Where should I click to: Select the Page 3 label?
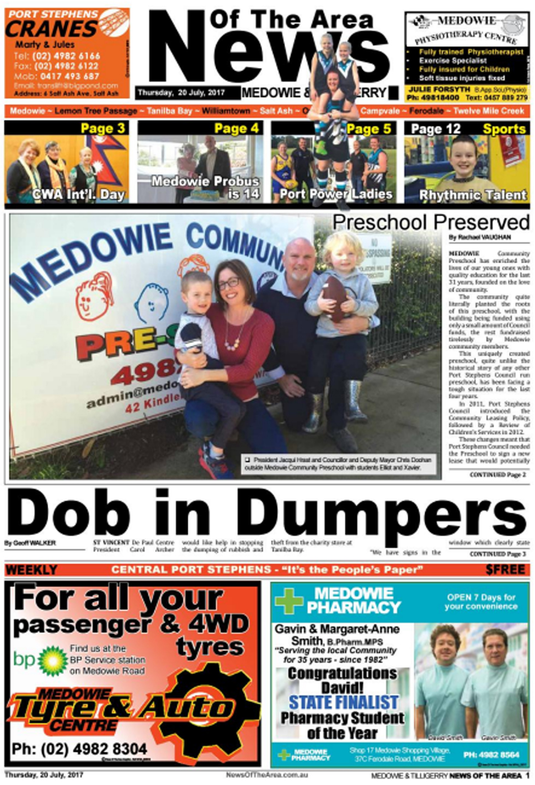[x=103, y=129]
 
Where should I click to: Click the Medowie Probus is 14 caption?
[x=205, y=187]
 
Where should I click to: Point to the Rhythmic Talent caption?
[x=473, y=195]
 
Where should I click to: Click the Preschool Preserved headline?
[x=431, y=222]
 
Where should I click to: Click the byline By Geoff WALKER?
[x=30, y=543]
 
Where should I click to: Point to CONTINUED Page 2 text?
[x=497, y=474]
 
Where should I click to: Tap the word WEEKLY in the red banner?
[x=31, y=570]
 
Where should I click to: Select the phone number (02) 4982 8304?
[x=79, y=749]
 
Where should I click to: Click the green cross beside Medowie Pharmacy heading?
[x=289, y=601]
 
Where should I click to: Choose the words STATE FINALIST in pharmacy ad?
[x=343, y=702]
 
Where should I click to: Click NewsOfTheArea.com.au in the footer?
[x=266, y=775]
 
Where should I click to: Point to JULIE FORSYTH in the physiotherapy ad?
[x=432, y=89]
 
